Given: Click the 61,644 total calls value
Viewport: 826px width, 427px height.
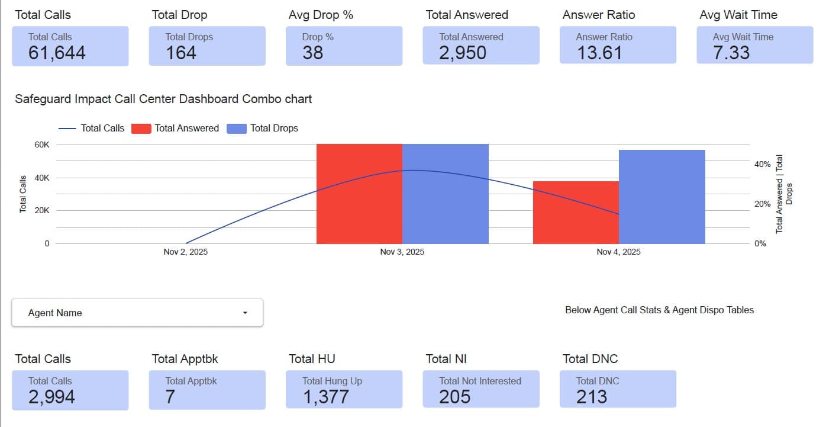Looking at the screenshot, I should (x=57, y=53).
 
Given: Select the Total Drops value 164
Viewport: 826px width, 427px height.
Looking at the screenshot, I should (x=180, y=53).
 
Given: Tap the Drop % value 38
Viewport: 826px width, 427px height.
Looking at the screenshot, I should (x=312, y=53).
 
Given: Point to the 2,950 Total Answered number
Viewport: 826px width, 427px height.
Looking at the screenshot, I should (x=462, y=53).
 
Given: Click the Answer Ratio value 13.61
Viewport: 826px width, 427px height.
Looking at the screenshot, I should (x=599, y=53).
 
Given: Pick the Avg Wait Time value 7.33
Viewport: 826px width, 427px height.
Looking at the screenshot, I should (x=731, y=53).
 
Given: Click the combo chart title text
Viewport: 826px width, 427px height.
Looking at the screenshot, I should (x=163, y=99).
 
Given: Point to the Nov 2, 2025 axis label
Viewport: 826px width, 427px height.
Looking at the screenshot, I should (x=186, y=252).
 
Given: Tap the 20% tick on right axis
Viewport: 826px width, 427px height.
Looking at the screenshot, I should (x=762, y=204).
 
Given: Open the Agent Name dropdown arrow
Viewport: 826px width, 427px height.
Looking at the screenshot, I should (x=245, y=313).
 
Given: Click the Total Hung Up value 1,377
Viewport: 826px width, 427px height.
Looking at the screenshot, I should (x=325, y=396).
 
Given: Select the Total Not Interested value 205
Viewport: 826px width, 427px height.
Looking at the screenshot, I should (x=454, y=396).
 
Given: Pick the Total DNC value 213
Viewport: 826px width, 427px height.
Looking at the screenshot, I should (x=591, y=396).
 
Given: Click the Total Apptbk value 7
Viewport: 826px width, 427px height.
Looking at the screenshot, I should (x=170, y=396).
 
